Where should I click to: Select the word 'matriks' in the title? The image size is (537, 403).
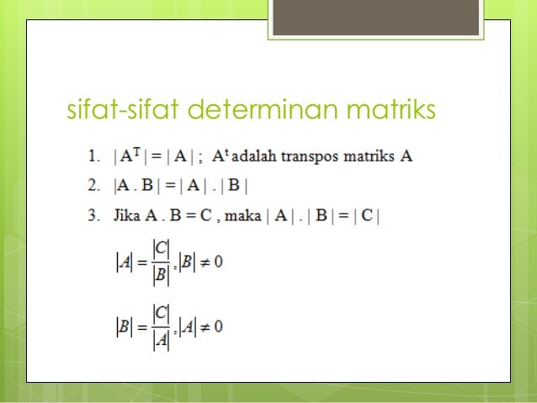(386, 110)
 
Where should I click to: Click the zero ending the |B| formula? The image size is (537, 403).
(219, 326)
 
